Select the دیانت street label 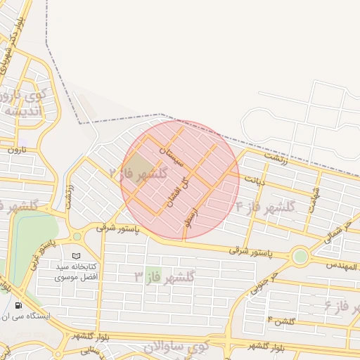(x=254, y=180)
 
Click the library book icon (x=76, y=257)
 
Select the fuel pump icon (x=18, y=305)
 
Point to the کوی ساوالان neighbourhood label (x=176, y=347)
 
